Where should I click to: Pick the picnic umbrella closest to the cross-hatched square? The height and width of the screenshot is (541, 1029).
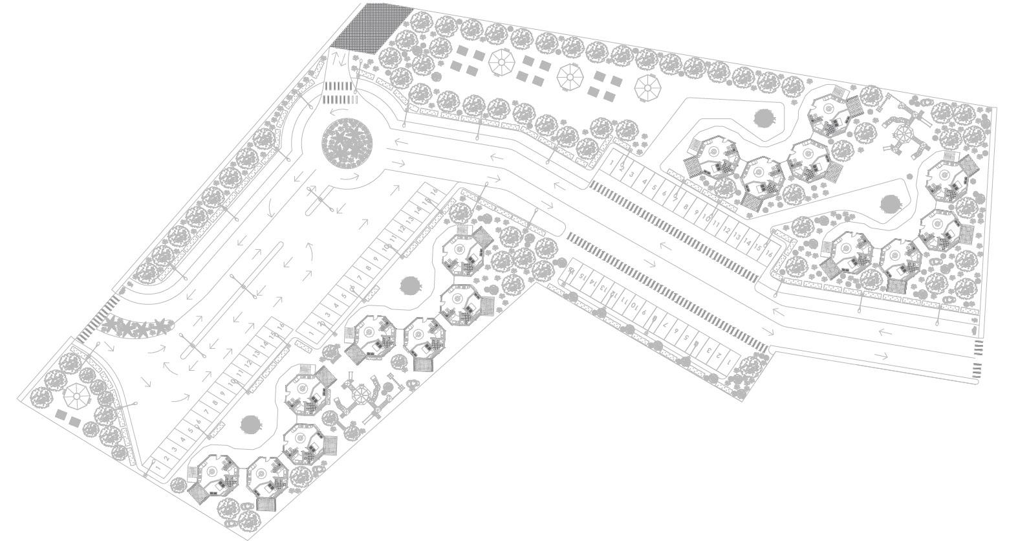coord(501,63)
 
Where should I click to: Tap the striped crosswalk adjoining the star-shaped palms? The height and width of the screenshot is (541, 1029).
coord(97,317)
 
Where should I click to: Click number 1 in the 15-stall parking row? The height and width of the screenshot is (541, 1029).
coord(729,363)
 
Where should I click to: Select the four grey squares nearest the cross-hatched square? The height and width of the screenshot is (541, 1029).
coord(466,60)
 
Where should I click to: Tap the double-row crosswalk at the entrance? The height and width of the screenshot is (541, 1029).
coord(340,93)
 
